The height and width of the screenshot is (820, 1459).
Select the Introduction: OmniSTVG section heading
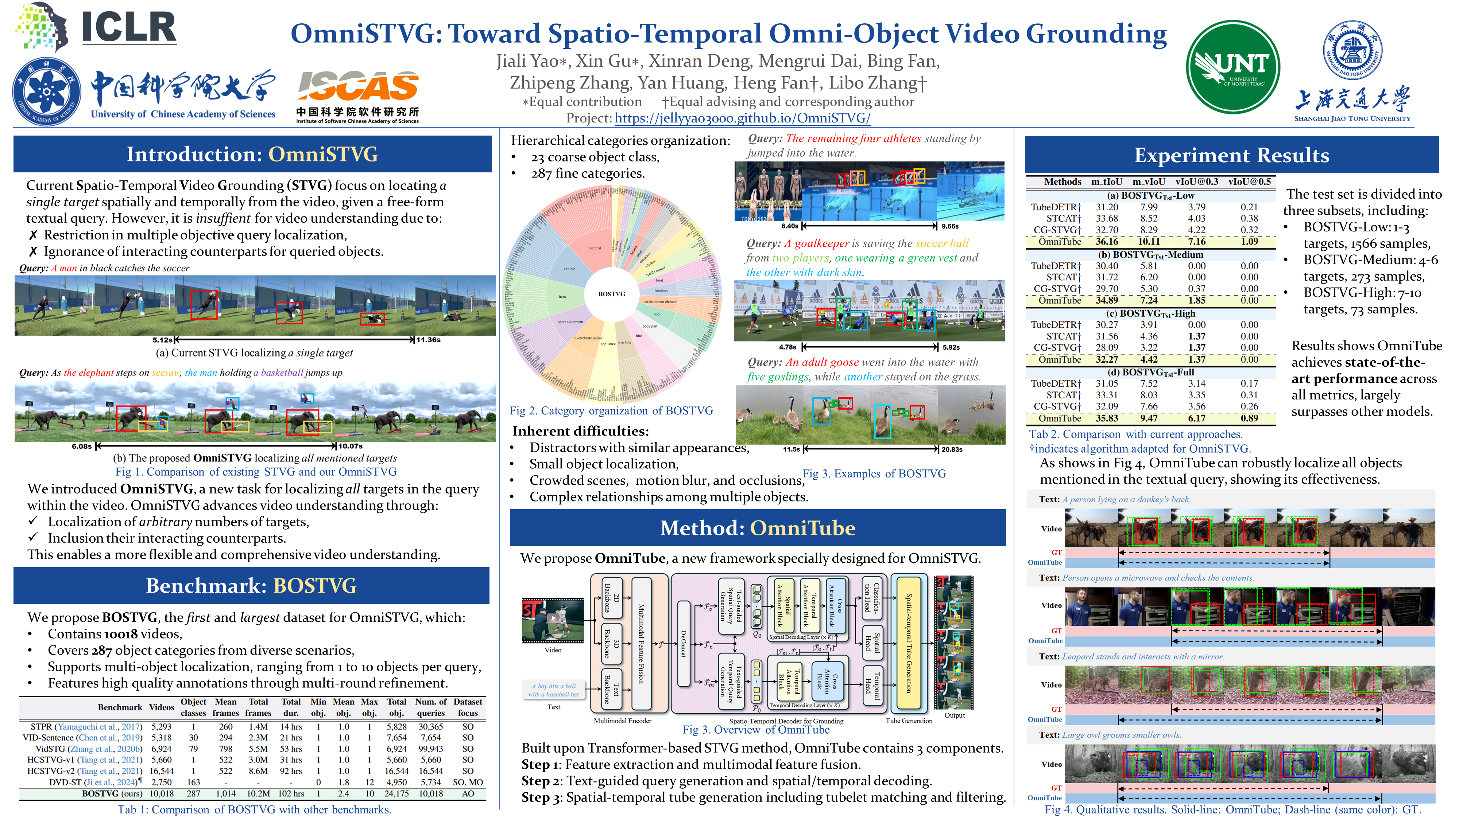coord(252,154)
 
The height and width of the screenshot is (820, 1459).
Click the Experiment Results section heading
coord(1231,155)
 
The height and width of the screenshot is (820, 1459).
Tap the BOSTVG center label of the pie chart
coord(612,294)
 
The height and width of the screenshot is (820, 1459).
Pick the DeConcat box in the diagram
coord(684,644)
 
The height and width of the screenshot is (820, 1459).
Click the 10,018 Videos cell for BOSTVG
coord(162,793)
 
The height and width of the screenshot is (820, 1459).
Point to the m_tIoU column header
coord(1106,181)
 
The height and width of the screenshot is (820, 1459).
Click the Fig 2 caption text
coord(611,411)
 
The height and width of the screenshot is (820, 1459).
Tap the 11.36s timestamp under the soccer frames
coord(428,340)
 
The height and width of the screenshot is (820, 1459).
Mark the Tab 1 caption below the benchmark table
coord(254,809)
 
